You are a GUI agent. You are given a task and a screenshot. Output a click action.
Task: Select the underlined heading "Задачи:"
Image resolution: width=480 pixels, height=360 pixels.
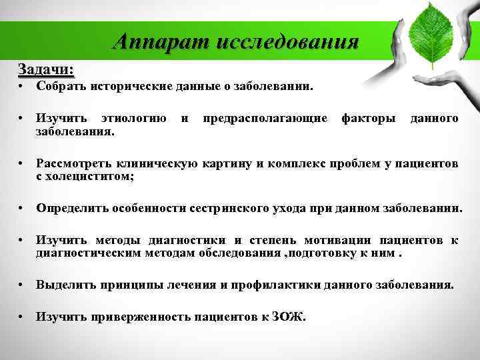pos(46,69)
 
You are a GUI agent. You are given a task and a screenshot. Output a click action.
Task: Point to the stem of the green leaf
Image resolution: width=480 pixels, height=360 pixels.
pos(433,63)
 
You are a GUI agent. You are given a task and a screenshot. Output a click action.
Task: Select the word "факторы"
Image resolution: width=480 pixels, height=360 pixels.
pos(369,119)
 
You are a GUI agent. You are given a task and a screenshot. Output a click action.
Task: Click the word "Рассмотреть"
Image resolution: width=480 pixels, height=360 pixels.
pos(75,163)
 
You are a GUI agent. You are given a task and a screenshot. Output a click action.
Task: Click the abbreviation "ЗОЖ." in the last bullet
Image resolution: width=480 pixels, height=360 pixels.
pos(289,317)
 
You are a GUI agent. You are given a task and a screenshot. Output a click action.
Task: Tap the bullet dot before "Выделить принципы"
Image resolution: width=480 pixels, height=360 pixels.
pos(23,285)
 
